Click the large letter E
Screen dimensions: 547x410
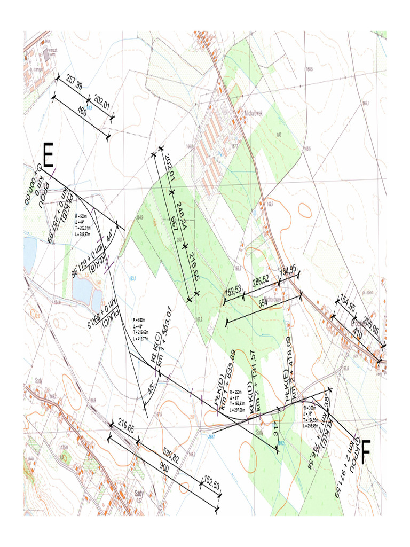[x=48, y=156]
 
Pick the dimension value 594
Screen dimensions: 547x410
[x=263, y=304]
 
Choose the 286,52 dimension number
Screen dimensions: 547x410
[x=262, y=281]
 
